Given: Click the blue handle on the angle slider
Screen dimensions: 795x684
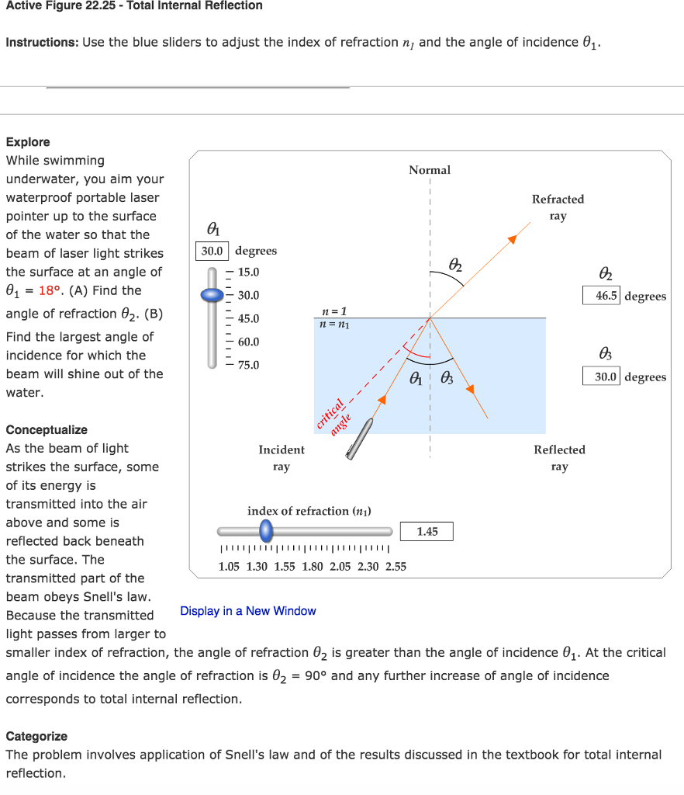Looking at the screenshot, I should point(212,295).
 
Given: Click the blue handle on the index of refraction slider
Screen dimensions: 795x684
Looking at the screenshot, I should point(266,531).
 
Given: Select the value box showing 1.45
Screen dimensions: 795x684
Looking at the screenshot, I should point(427,532).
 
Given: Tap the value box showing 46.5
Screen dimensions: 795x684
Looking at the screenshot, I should point(601,296).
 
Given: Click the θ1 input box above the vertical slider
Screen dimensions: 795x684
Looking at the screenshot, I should point(212,251).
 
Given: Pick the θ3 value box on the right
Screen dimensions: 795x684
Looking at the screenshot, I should point(601,377).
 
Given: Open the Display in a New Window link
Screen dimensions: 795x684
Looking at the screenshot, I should point(247,611).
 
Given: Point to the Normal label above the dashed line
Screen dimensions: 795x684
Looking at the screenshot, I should point(430,170).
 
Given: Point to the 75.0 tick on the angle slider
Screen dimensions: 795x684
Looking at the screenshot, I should point(248,365).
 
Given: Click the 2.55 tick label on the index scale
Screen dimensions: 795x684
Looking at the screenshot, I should point(396,567).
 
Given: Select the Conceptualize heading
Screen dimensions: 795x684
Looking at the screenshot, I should point(47,429).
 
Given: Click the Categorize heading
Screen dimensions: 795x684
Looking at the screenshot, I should point(36,736).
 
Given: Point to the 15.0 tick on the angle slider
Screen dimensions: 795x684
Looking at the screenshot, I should point(248,273).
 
